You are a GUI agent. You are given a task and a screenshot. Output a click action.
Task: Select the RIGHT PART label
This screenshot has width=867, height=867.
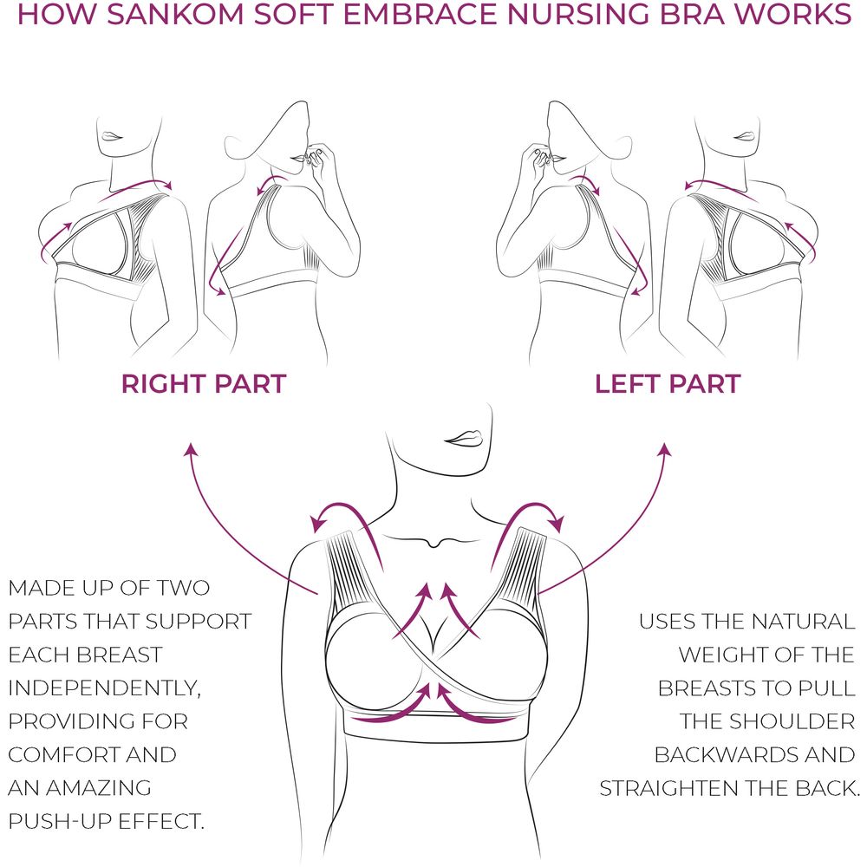(204, 384)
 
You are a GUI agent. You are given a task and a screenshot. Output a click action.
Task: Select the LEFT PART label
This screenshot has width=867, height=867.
(668, 384)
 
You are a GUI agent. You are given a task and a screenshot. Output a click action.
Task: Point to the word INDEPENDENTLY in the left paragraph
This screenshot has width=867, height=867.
(104, 688)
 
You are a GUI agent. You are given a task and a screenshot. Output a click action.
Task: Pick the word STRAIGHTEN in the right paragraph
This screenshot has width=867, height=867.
(668, 788)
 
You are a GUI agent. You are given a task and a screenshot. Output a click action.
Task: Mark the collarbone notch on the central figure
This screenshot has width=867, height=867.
(435, 544)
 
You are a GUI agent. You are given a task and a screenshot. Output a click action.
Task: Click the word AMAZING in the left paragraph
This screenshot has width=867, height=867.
(99, 788)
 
